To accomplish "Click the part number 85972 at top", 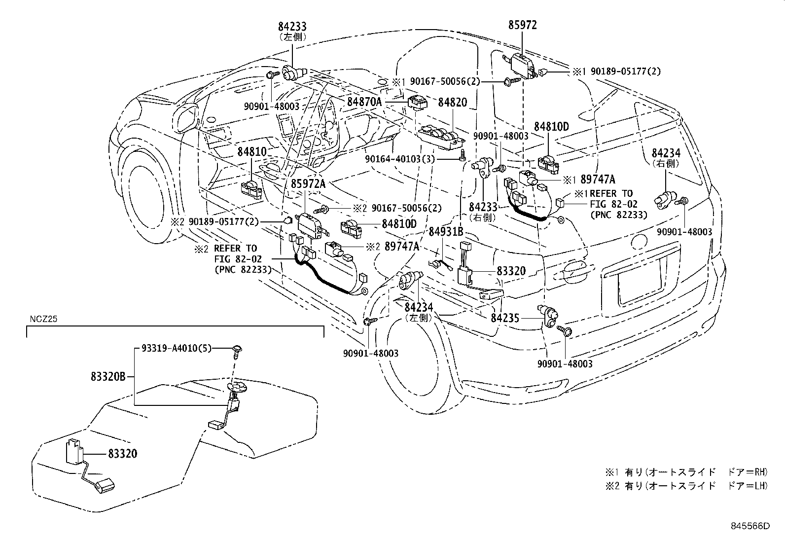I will pos(522,25).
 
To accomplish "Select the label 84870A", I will pos(364,102).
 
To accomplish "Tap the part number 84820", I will pos(452,102).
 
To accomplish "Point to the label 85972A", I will pos(308,184).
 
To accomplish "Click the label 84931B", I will pos(446,231).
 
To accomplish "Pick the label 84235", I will pos(505,318).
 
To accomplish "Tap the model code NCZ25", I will pos(42,319).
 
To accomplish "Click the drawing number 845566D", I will pos(750,526).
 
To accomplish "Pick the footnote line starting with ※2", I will pos(686,486).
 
